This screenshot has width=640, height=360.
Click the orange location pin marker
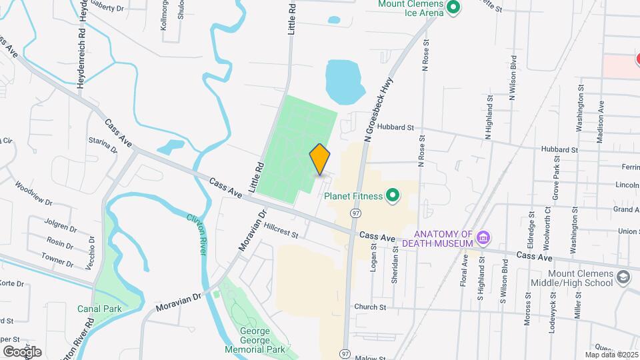(x=320, y=159)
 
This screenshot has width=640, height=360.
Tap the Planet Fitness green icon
(x=393, y=195)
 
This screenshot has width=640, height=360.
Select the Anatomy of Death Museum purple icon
(x=485, y=237)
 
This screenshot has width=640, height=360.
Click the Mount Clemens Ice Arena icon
(x=454, y=8)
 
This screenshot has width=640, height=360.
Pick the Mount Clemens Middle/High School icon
(x=623, y=277)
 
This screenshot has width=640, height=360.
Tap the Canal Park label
(x=99, y=309)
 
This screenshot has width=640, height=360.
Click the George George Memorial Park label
(x=255, y=340)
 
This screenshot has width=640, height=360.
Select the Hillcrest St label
(x=281, y=228)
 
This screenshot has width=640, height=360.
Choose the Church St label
(x=371, y=307)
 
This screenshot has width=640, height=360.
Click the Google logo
(x=22, y=351)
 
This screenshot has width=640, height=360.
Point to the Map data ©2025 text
(x=611, y=355)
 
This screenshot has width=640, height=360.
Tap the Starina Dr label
(x=103, y=145)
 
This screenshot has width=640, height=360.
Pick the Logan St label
(x=373, y=255)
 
